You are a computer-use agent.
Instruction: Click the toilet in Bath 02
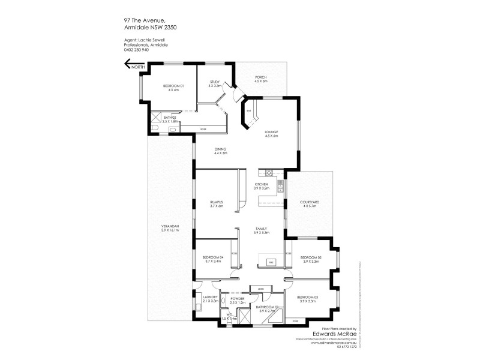[155, 128]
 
